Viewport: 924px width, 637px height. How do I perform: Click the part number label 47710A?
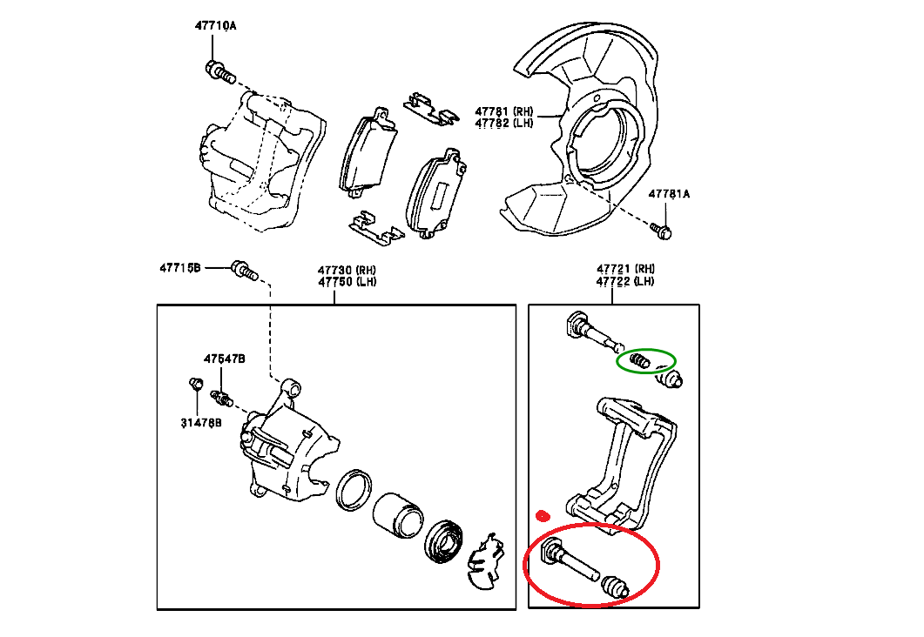click(215, 27)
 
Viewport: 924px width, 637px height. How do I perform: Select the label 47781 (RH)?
click(503, 111)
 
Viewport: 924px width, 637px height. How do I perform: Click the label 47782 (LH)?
click(503, 124)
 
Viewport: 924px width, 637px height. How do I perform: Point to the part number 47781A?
click(668, 194)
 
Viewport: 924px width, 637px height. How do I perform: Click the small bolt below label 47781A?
click(662, 231)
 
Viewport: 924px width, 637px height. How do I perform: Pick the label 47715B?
click(180, 267)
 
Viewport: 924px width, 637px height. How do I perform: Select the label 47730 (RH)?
click(346, 271)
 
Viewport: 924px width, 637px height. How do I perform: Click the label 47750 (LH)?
click(346, 282)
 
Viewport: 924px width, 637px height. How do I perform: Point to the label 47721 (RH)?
click(625, 269)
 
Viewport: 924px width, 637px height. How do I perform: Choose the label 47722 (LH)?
click(625, 281)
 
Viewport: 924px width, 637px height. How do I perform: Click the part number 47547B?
click(225, 359)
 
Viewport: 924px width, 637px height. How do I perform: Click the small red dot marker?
click(543, 515)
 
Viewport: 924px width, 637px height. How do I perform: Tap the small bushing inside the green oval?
click(640, 360)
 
